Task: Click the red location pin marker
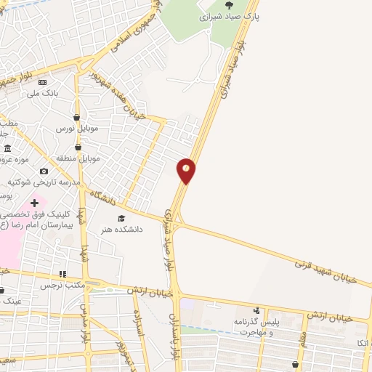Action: pos(186,169)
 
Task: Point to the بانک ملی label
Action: pos(41,93)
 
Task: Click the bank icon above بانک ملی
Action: pos(41,82)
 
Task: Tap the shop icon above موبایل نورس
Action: pos(76,116)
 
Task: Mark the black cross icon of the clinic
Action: pos(34,201)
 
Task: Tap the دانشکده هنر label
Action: pos(121,228)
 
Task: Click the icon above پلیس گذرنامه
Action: pos(255,310)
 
